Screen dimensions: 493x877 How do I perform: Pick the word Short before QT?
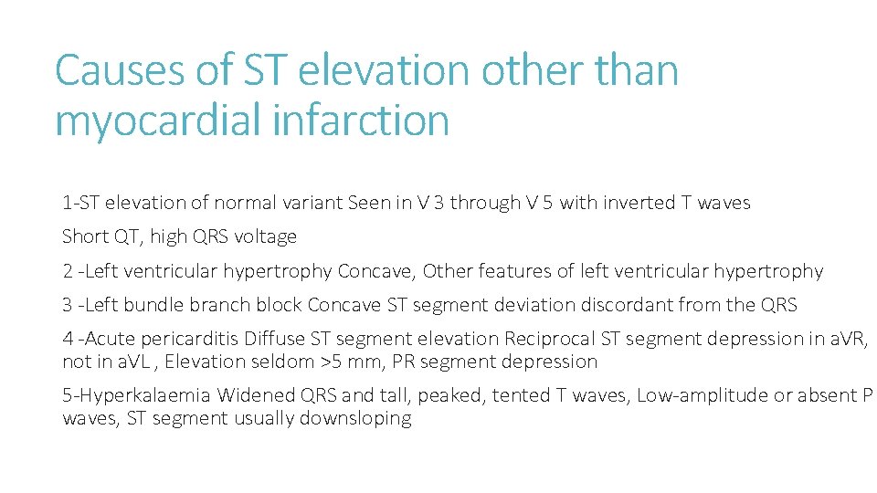[x=85, y=236]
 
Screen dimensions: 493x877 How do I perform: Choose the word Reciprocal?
[x=548, y=339]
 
